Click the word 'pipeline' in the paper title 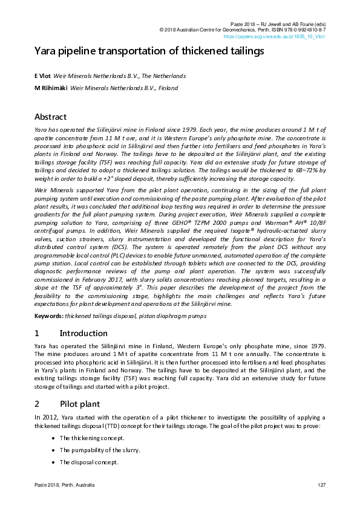coord(73,51)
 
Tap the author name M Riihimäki coord(51,88)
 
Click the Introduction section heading coord(83,333)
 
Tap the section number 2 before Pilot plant coord(37,403)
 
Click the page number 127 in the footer coord(321,486)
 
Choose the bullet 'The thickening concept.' coord(92,438)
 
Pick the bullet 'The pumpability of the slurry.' coord(100,450)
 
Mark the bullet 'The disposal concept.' coord(88,462)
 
